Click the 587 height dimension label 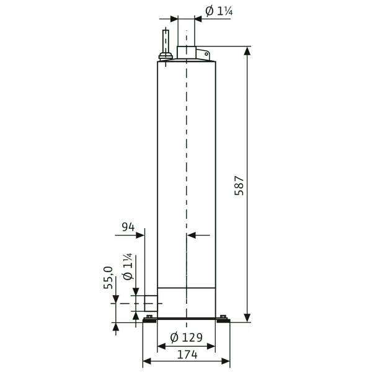click(239, 186)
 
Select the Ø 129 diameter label click(187, 337)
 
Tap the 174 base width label click(187, 355)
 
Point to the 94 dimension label click(128, 227)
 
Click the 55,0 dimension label click(108, 278)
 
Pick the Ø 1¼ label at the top click(219, 11)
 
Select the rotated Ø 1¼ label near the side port click(127, 267)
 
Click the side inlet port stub click(151, 303)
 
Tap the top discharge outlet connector click(187, 53)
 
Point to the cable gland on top click(166, 57)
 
